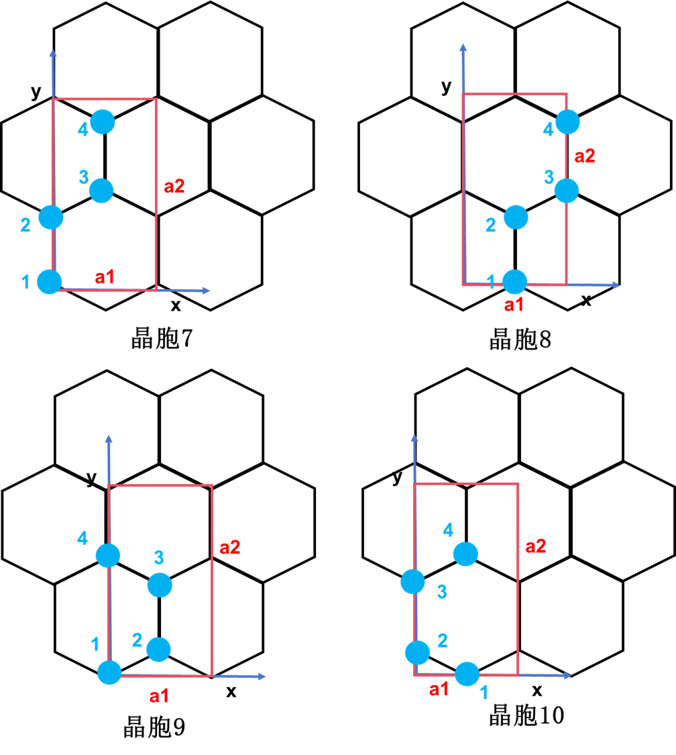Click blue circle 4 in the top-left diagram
click(103, 121)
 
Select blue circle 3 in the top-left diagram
click(101, 191)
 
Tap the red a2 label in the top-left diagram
click(174, 187)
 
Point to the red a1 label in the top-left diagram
click(105, 276)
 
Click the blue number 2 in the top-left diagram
click(25, 225)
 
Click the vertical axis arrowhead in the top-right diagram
click(463, 48)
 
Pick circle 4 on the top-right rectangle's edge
click(567, 121)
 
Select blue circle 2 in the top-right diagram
click(516, 217)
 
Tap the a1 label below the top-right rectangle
click(514, 305)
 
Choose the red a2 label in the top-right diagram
click(585, 156)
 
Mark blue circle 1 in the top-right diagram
click(514, 282)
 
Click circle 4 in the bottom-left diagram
click(108, 556)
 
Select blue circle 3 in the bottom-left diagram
click(160, 585)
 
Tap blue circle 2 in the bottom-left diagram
click(158, 649)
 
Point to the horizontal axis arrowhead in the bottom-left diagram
click(262, 676)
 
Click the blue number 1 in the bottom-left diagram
click(95, 645)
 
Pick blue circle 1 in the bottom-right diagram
click(467, 674)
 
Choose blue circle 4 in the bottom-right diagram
click(465, 554)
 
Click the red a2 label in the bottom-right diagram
click(535, 546)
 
